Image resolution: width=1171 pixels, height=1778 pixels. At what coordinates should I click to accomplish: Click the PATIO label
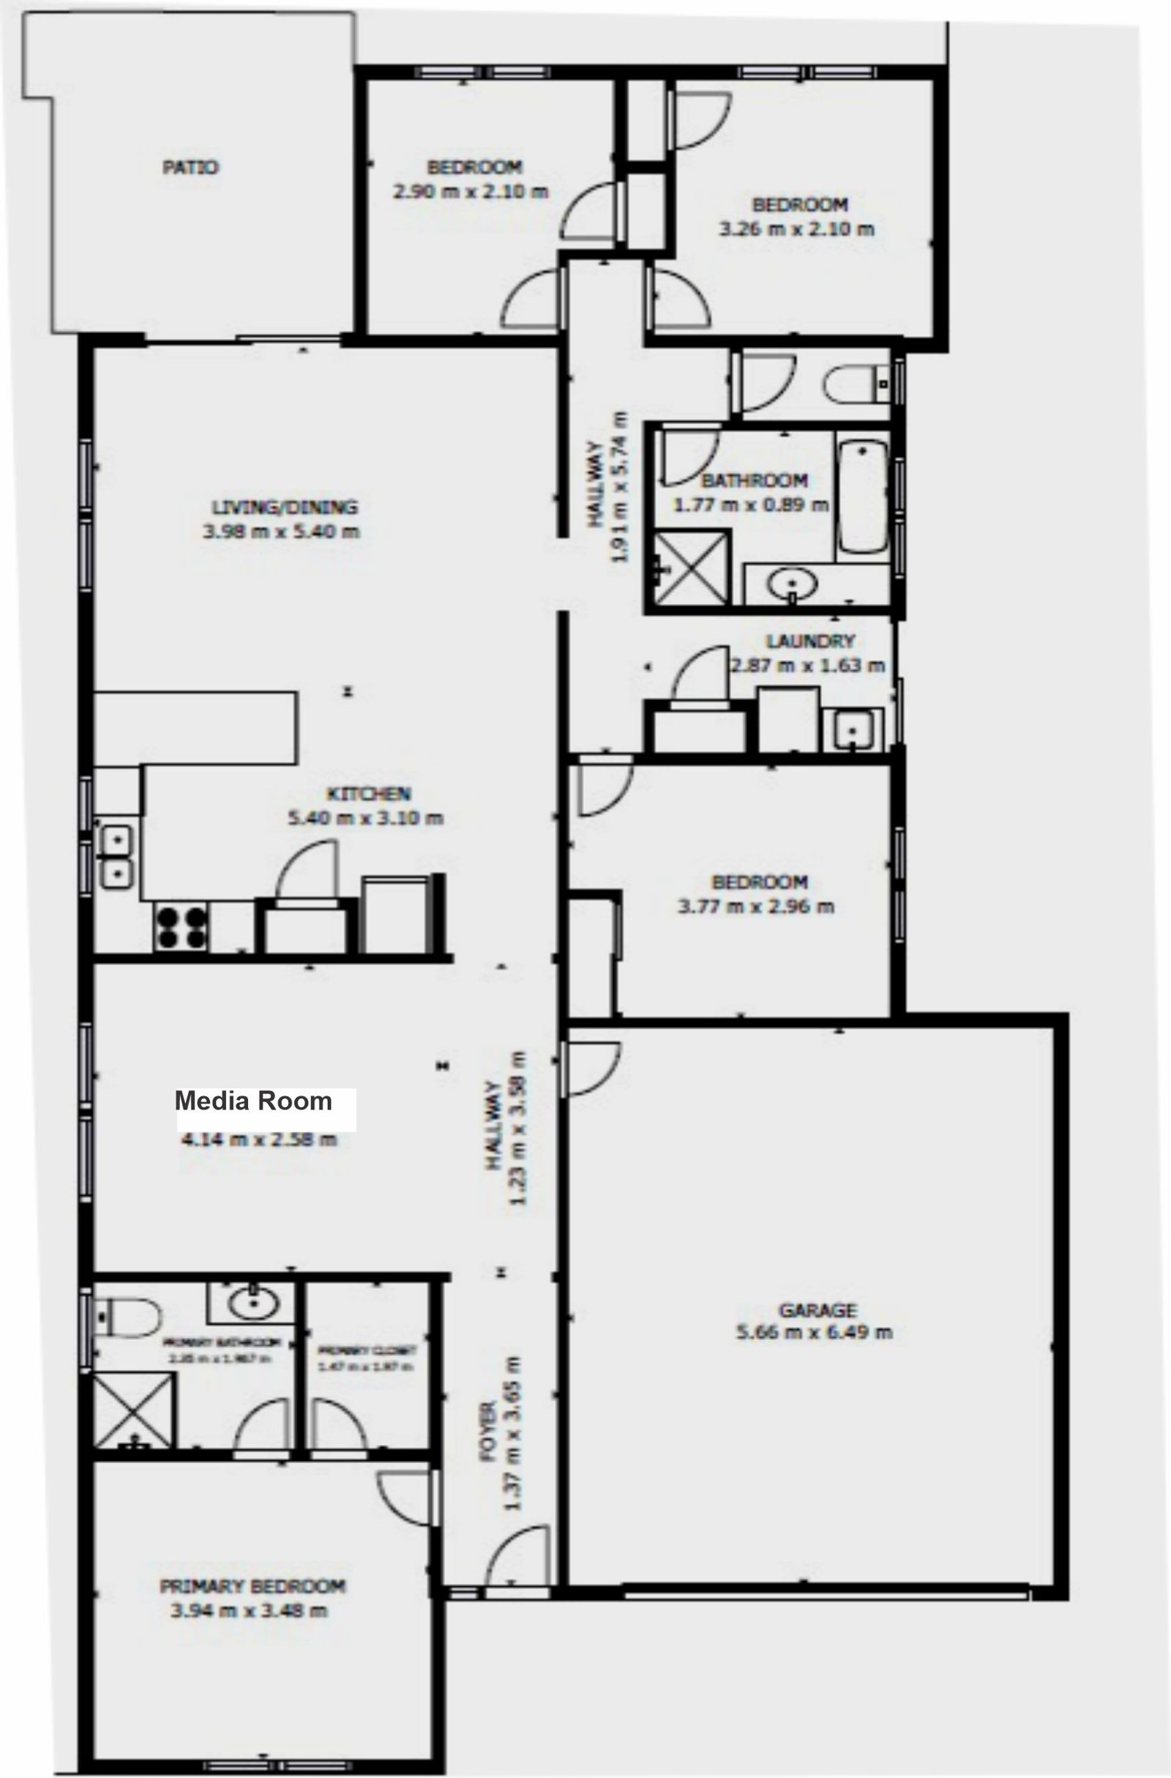click(x=190, y=168)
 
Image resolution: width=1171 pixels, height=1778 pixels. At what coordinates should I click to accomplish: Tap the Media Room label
click(x=254, y=1101)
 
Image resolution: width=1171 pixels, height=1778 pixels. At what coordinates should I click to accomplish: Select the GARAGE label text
click(x=817, y=1309)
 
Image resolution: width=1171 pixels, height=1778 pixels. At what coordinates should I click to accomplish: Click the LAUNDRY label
click(x=810, y=641)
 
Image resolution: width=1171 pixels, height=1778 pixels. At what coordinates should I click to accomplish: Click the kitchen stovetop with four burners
click(x=180, y=927)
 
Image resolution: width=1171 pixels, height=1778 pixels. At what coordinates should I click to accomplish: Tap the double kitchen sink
click(x=116, y=856)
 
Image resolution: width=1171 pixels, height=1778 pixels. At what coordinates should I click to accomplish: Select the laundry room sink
click(x=851, y=729)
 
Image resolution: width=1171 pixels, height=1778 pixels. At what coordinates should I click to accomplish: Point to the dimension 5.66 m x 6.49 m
click(x=814, y=1332)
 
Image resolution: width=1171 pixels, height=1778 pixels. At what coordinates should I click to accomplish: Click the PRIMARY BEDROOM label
click(x=252, y=1585)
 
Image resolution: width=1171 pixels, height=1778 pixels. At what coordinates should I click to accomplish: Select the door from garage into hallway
click(x=594, y=1068)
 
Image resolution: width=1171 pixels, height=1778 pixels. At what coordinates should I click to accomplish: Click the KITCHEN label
click(x=369, y=793)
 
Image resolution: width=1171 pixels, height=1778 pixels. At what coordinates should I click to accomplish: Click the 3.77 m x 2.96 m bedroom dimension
click(x=756, y=907)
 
